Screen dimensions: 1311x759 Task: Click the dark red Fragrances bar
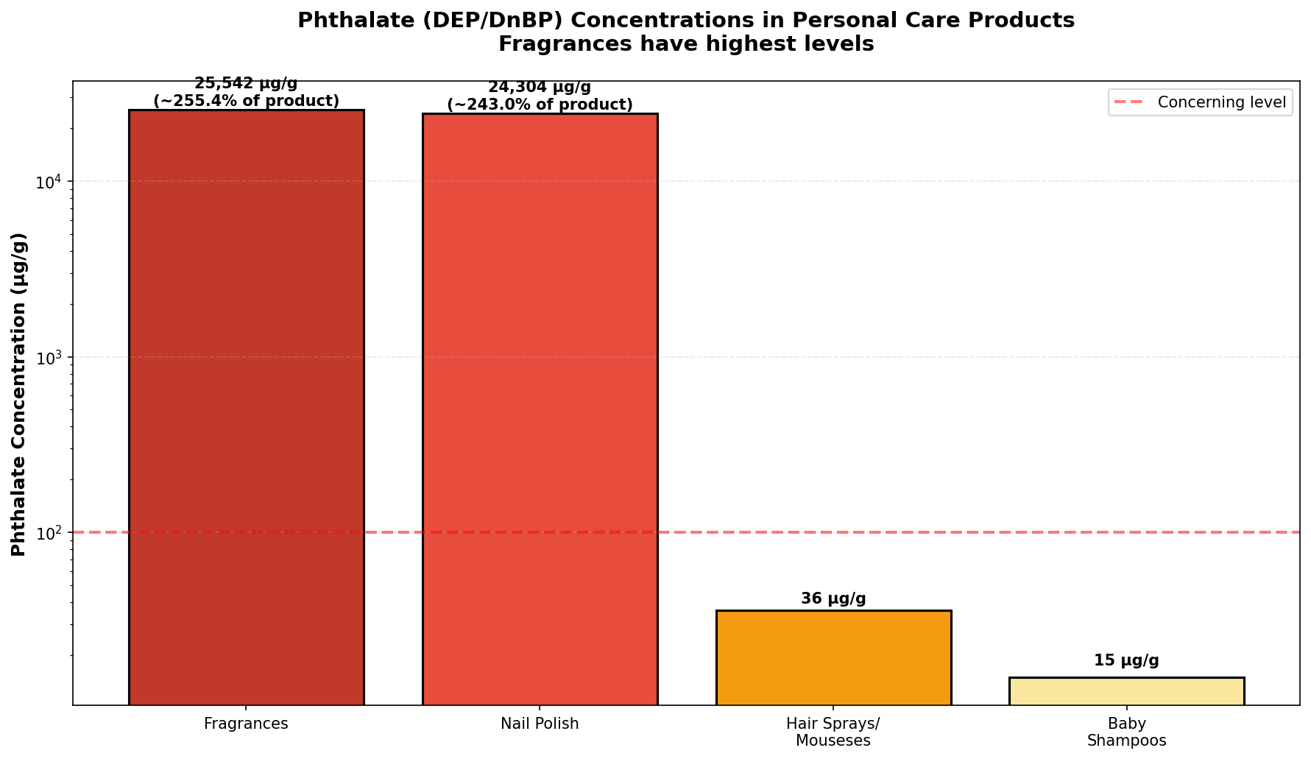[246, 407]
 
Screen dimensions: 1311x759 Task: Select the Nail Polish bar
[540, 409]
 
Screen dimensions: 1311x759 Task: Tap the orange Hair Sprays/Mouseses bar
[833, 657]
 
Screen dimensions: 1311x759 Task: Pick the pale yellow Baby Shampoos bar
[1126, 691]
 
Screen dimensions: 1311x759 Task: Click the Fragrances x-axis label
[246, 724]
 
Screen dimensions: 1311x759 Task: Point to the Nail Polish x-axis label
[540, 724]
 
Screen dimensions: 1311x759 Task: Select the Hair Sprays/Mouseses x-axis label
[833, 732]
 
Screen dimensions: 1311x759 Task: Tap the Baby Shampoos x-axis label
[1126, 732]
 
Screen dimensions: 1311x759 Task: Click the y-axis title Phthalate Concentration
[19, 394]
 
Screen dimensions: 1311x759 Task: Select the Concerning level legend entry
[1200, 102]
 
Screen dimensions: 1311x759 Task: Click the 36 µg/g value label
[833, 599]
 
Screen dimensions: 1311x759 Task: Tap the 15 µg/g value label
[1126, 660]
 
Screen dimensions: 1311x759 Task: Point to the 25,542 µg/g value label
[246, 83]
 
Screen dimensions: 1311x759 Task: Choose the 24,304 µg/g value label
[540, 87]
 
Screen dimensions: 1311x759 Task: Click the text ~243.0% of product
[540, 105]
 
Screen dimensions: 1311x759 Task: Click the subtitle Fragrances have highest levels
[686, 44]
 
